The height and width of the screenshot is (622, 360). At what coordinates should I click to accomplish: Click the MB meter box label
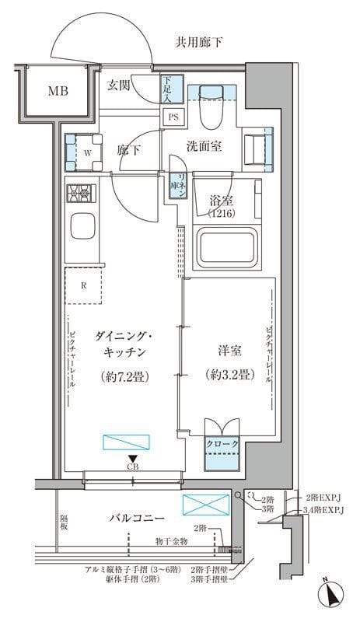[58, 91]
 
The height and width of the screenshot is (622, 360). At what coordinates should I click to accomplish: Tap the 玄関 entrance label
[118, 86]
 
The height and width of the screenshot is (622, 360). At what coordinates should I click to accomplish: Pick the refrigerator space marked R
[84, 285]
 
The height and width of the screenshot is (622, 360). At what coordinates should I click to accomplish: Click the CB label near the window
[134, 467]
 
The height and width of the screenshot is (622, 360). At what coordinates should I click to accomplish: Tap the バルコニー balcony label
[136, 517]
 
